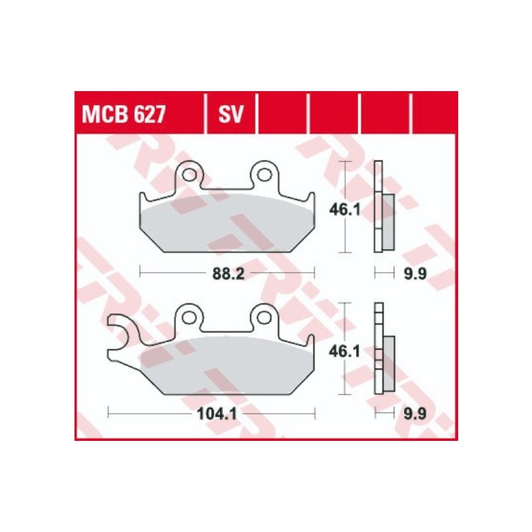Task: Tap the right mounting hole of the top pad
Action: [265, 175]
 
